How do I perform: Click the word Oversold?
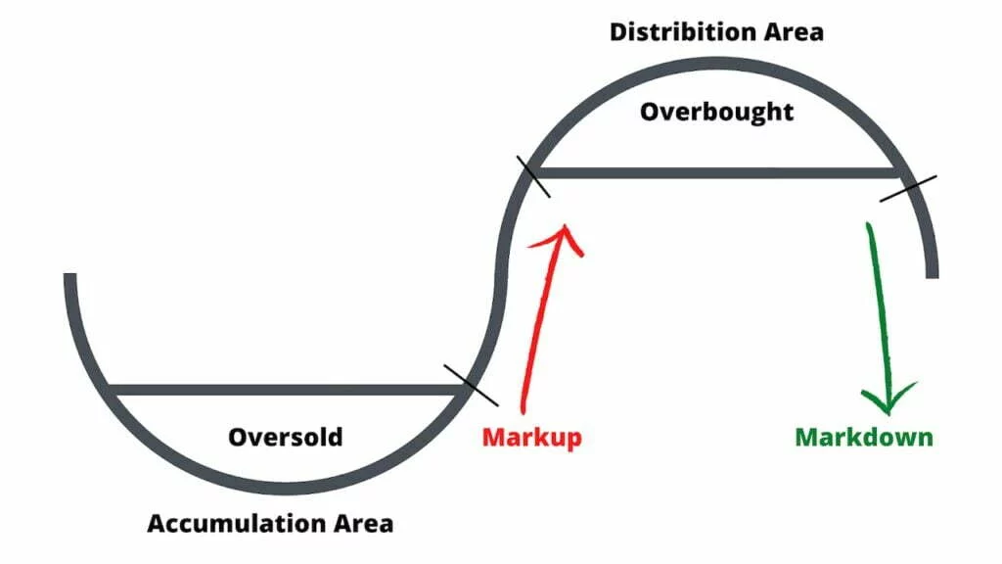286,437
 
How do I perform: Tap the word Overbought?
716,112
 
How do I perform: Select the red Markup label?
531,437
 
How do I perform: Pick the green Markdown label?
864,437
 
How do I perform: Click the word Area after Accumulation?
360,524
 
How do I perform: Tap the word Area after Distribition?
793,31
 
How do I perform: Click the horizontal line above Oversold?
284,390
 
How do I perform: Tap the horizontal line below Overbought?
714,173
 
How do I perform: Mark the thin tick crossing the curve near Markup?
471,385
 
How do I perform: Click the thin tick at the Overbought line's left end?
533,176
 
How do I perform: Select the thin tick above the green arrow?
908,188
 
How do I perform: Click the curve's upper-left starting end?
69,279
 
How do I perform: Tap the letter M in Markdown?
806,437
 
